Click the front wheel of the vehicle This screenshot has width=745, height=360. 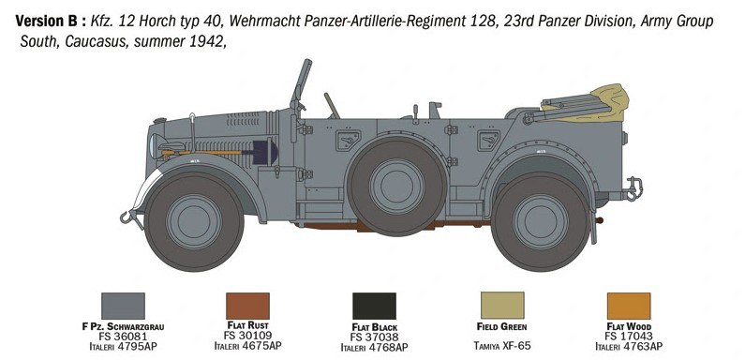click(x=194, y=221)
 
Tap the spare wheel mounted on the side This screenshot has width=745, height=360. click(x=396, y=186)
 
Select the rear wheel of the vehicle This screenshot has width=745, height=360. click(x=541, y=221)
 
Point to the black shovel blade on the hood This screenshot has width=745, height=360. click(x=264, y=152)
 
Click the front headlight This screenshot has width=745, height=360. click(x=154, y=145)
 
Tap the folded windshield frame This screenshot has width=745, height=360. click(x=300, y=85)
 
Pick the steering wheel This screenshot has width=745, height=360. click(x=332, y=106)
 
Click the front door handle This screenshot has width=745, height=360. click(x=349, y=141)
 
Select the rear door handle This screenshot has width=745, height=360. click(x=488, y=141)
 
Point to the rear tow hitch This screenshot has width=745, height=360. click(x=633, y=188)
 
